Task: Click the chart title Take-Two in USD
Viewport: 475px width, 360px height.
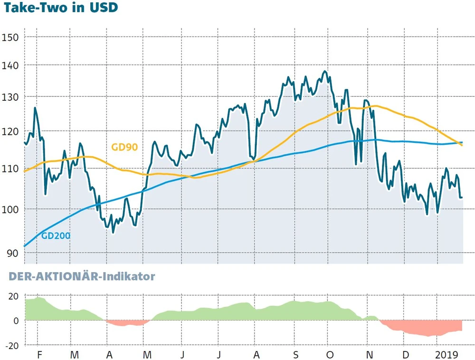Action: pos(59,8)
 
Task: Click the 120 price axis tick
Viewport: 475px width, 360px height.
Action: pos(10,132)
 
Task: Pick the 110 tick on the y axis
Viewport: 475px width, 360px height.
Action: pos(10,169)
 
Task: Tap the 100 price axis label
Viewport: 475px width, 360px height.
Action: pos(10,209)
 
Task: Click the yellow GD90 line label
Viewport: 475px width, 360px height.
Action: pos(124,147)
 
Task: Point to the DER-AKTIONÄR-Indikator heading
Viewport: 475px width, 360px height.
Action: pos(78,276)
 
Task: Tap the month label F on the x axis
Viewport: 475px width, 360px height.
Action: pos(40,355)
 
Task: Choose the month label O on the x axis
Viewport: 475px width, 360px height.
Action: pos(330,355)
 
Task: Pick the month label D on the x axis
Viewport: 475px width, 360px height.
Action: pos(405,355)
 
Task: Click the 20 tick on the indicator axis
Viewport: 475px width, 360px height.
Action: pos(13,297)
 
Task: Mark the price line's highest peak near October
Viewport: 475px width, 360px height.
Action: pos(324,72)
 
